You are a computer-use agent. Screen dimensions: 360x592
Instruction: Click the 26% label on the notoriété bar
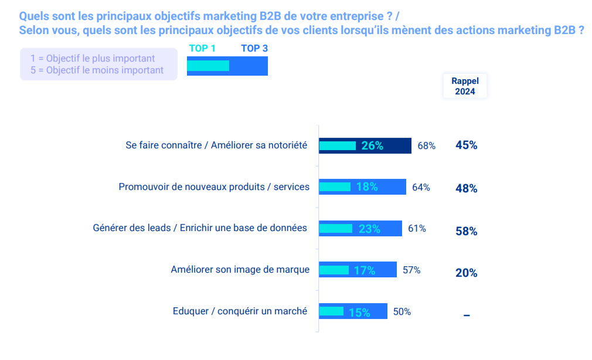click(372, 145)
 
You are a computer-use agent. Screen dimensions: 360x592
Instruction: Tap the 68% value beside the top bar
click(426, 145)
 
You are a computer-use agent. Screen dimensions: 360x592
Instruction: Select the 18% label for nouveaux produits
click(367, 187)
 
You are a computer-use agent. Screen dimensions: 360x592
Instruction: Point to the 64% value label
click(421, 187)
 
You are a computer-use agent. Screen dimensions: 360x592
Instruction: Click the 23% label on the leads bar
click(369, 229)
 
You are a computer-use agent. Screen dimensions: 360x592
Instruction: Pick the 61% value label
click(417, 228)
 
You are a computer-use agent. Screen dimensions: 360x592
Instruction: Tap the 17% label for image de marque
click(365, 270)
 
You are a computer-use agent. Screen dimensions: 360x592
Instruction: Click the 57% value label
click(411, 270)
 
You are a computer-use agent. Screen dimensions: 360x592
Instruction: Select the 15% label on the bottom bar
click(359, 313)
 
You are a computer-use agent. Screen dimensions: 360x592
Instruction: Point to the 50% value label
click(402, 312)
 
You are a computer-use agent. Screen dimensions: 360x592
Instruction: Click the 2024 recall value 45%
click(466, 145)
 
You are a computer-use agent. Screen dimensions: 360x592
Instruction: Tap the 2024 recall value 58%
click(466, 231)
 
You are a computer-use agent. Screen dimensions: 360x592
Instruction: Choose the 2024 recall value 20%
click(466, 273)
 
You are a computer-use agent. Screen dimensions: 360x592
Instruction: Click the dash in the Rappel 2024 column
click(467, 315)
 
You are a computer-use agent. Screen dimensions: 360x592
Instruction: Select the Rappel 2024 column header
click(465, 86)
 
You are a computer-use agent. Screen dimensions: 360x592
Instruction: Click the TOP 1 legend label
click(202, 49)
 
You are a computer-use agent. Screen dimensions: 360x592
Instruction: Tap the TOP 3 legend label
click(254, 49)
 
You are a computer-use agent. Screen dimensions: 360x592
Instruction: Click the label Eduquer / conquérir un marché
click(240, 311)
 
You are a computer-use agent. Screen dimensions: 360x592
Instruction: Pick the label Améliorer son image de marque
click(240, 270)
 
